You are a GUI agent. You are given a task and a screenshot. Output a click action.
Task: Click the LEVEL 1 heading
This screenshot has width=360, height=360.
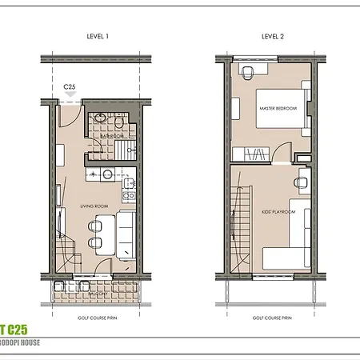[x=98, y=37]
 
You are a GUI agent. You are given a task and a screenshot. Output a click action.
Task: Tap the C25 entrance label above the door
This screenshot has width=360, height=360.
[x=70, y=86]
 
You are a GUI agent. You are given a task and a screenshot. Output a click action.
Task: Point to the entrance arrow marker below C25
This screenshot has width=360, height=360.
[x=70, y=95]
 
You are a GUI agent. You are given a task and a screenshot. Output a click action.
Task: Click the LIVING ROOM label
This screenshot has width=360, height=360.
[x=94, y=206]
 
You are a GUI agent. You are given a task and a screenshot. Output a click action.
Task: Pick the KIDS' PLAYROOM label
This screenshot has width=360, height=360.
[x=279, y=212]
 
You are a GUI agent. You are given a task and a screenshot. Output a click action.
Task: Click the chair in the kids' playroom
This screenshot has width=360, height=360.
[x=301, y=183]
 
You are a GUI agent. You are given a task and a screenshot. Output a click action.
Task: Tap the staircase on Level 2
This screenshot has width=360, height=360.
[x=241, y=224]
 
